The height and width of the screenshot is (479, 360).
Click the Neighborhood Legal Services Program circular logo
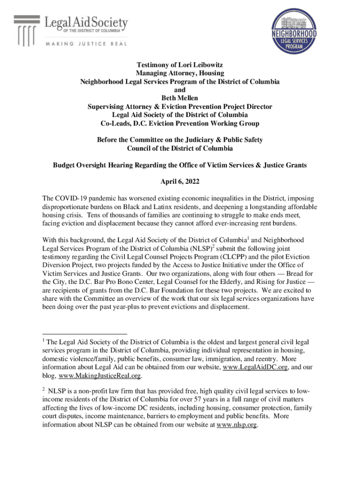click(x=294, y=32)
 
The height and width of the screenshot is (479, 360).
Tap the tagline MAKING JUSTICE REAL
click(x=83, y=44)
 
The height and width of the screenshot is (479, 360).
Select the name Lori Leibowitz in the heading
click(x=196, y=65)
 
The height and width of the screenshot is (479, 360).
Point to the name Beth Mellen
click(x=180, y=98)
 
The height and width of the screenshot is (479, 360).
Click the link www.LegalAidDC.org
click(x=255, y=367)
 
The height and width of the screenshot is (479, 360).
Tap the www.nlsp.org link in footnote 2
click(x=237, y=425)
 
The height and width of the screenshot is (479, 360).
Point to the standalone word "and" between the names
click(x=180, y=90)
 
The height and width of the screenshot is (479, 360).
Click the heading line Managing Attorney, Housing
click(x=180, y=73)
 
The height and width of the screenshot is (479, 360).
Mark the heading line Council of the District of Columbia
click(x=180, y=148)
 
